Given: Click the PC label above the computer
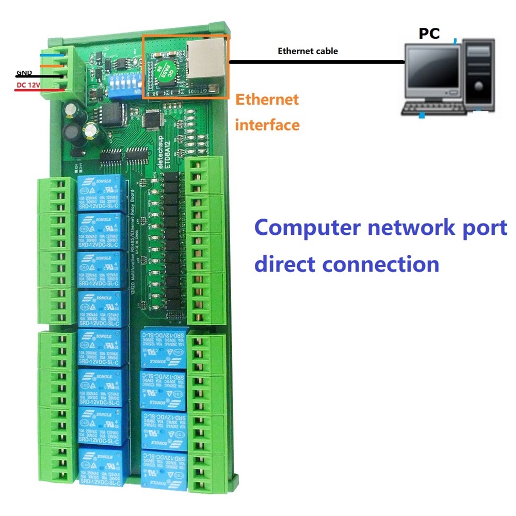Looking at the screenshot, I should (x=429, y=34).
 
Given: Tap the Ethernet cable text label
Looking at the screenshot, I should (x=308, y=51).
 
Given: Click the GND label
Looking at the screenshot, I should (x=24, y=73).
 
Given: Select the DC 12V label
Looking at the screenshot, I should (x=28, y=84).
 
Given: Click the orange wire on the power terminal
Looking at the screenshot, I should (x=54, y=66).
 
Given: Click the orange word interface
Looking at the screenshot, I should (x=267, y=124).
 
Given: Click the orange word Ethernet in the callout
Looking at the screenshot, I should (x=267, y=99).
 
